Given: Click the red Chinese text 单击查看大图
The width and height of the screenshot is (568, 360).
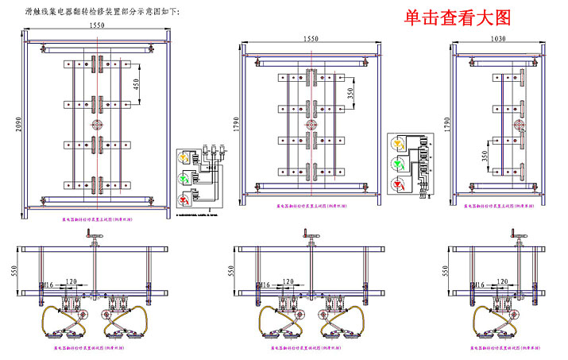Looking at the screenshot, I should pyautogui.click(x=456, y=18).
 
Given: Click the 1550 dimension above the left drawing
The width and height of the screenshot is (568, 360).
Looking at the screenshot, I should pyautogui.click(x=97, y=25).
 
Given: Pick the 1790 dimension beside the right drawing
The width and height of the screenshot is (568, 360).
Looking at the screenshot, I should pyautogui.click(x=449, y=125).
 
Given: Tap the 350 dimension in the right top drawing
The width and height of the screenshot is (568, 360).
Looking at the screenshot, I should pyautogui.click(x=485, y=157).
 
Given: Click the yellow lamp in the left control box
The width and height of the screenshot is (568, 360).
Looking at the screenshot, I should pyautogui.click(x=187, y=158).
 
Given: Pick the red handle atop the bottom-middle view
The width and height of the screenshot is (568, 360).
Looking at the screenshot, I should pyautogui.click(x=307, y=234).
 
